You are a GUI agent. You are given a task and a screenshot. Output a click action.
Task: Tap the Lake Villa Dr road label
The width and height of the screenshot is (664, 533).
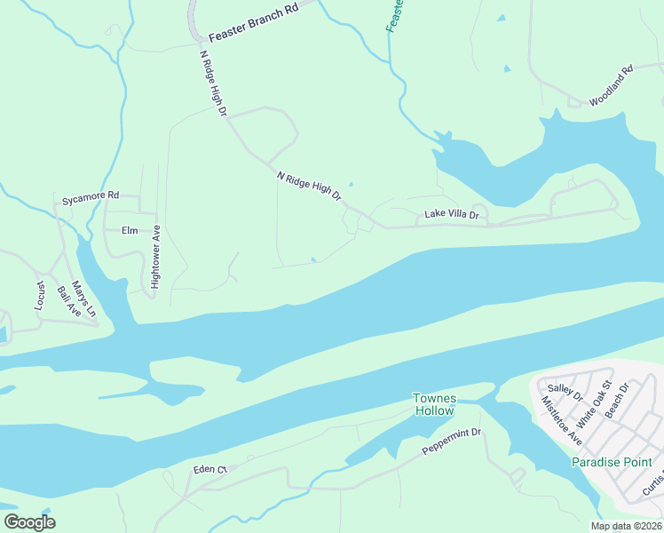451,215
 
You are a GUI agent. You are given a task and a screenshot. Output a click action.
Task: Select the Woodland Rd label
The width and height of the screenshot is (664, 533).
611,84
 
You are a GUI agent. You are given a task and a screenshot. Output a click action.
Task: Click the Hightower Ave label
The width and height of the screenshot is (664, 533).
155,257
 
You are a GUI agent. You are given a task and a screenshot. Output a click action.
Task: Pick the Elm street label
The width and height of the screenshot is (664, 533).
130,230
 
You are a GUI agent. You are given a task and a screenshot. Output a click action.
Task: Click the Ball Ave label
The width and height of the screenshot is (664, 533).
68,302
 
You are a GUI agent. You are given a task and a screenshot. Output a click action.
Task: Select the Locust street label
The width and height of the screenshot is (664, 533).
40,295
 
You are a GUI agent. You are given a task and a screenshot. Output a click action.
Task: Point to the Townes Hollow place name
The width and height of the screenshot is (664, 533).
433,404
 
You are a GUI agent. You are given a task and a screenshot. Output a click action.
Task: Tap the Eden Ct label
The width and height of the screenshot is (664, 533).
210,468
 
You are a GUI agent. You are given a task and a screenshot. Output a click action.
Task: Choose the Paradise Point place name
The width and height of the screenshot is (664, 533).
612,462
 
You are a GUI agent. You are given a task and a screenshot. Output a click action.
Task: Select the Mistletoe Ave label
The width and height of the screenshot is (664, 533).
561,420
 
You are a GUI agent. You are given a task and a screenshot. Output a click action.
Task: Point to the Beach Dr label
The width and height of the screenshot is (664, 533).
617,401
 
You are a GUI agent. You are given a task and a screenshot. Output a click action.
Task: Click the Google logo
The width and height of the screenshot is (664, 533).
29,522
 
